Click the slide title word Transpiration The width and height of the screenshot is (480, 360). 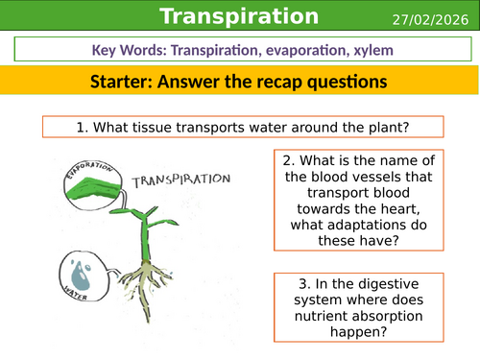click(x=239, y=16)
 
